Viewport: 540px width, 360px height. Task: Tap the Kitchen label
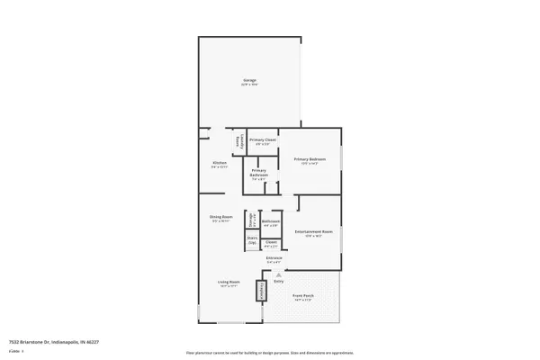[x=220, y=165]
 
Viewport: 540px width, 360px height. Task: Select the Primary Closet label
[x=262, y=141]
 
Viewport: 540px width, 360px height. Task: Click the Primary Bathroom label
[x=258, y=174]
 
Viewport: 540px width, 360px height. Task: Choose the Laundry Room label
[x=238, y=141]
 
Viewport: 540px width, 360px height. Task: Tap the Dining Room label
[x=221, y=218]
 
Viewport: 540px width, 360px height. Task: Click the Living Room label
[x=228, y=283]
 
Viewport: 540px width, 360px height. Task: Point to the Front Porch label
[x=303, y=296]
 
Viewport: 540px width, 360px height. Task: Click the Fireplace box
[x=263, y=290]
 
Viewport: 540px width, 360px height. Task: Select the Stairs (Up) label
[x=253, y=241]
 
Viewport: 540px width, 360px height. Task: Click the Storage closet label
[x=253, y=221]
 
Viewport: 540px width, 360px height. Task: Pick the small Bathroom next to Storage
[x=271, y=222]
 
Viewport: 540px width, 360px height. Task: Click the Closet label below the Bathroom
[x=271, y=243]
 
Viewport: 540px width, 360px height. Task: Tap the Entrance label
[x=274, y=259]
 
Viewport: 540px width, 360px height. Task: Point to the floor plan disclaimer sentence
[x=269, y=353]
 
